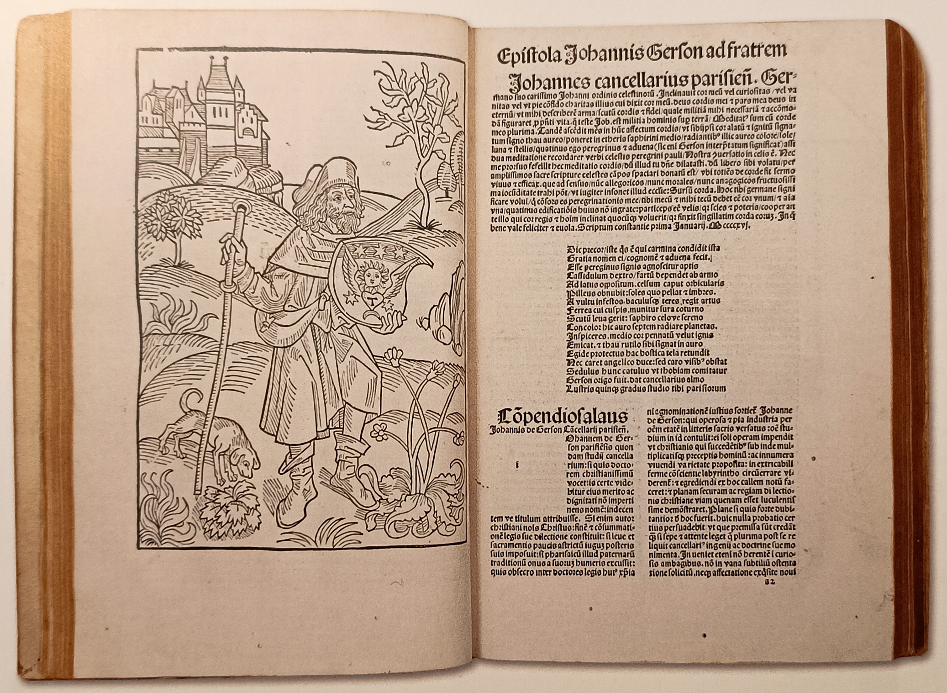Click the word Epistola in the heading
(526, 59)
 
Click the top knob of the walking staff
(241, 210)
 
